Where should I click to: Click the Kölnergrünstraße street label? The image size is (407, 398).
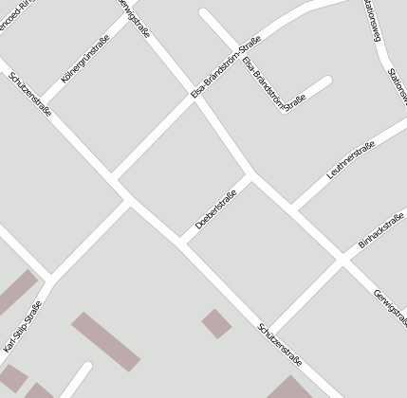coord(85,58)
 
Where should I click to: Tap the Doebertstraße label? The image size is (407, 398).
coord(215,210)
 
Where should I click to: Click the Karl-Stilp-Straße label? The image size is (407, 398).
coord(23,327)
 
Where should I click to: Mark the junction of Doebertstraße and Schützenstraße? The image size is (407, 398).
coord(181,239)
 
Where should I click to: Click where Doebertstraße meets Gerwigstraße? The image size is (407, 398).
coord(250,174)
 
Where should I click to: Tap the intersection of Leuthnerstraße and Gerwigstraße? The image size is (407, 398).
coord(291,208)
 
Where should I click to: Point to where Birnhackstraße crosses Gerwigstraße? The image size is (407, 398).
coord(339,258)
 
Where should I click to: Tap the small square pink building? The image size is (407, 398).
coord(216,323)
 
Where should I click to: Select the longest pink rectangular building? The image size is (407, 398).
coord(105,341)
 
